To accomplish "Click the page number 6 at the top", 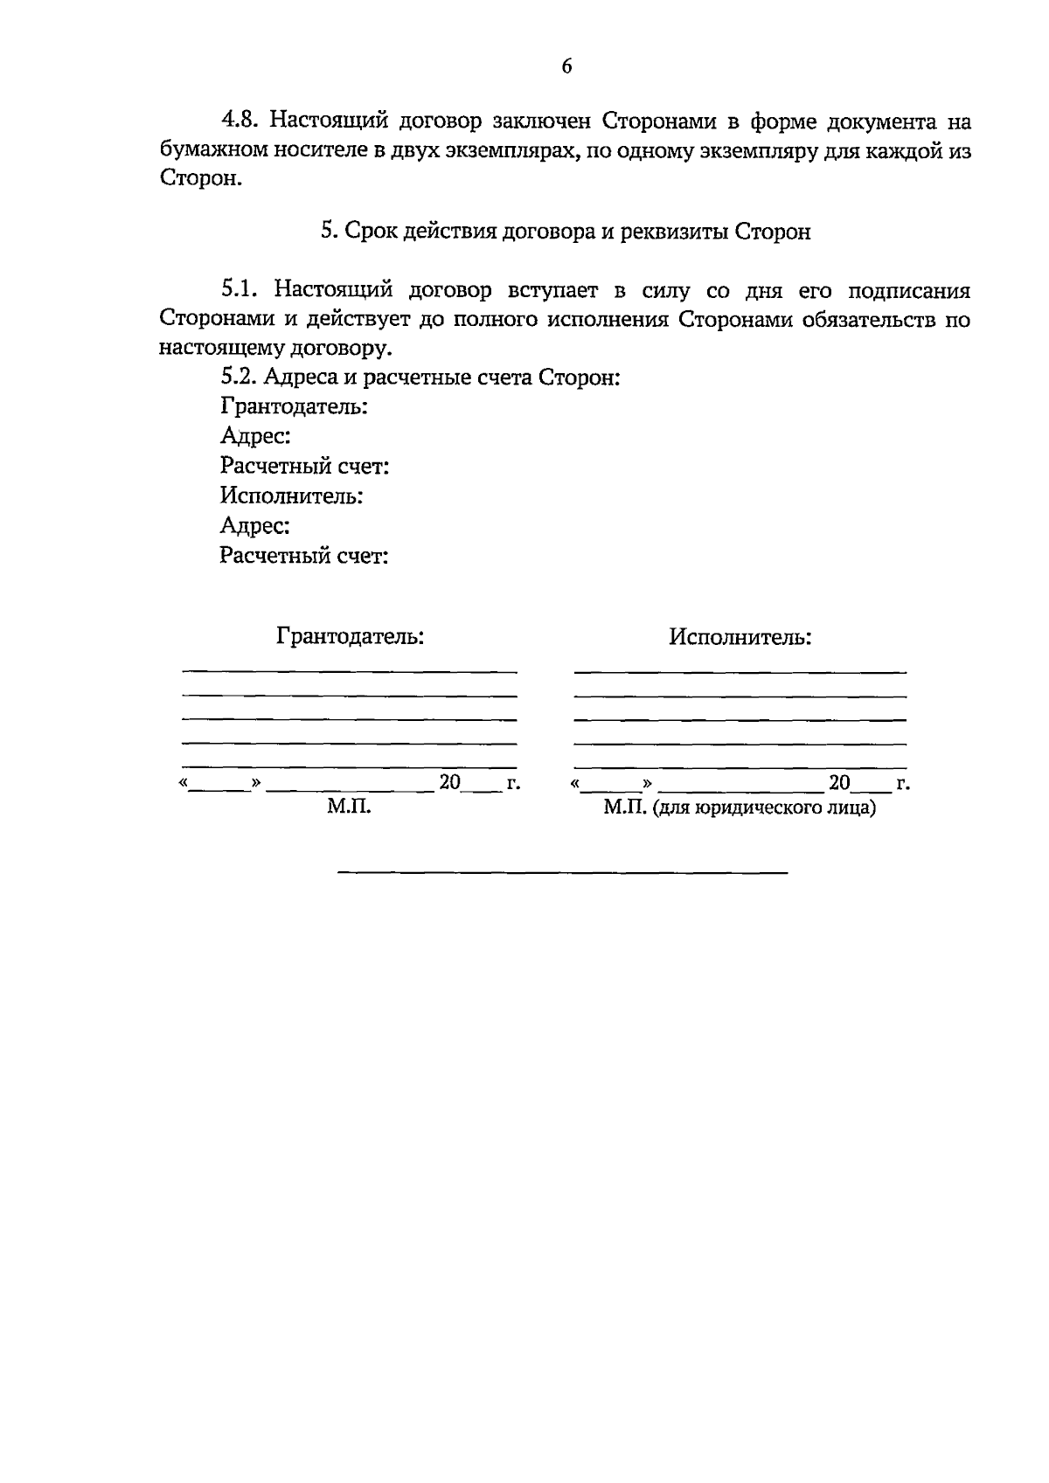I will [x=566, y=66].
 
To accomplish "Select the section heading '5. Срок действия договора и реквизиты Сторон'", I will [x=566, y=232].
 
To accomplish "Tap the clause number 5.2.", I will [x=239, y=378].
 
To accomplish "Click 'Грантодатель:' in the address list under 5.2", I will [x=293, y=406].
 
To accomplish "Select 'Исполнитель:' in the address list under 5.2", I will [x=291, y=496].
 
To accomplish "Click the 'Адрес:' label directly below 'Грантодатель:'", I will [x=255, y=436].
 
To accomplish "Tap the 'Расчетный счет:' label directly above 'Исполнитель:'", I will [x=304, y=467].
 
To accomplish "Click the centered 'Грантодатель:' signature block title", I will [x=351, y=636].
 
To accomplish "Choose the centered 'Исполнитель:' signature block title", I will [x=740, y=637].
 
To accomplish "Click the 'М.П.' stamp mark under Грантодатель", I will [x=349, y=807].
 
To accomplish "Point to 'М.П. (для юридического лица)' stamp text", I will [x=740, y=807].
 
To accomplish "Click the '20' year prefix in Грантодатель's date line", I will [x=449, y=782].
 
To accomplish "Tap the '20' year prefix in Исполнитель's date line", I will [x=839, y=782].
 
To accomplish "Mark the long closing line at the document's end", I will [x=563, y=872].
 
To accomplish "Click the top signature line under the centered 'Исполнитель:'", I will [x=740, y=672].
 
